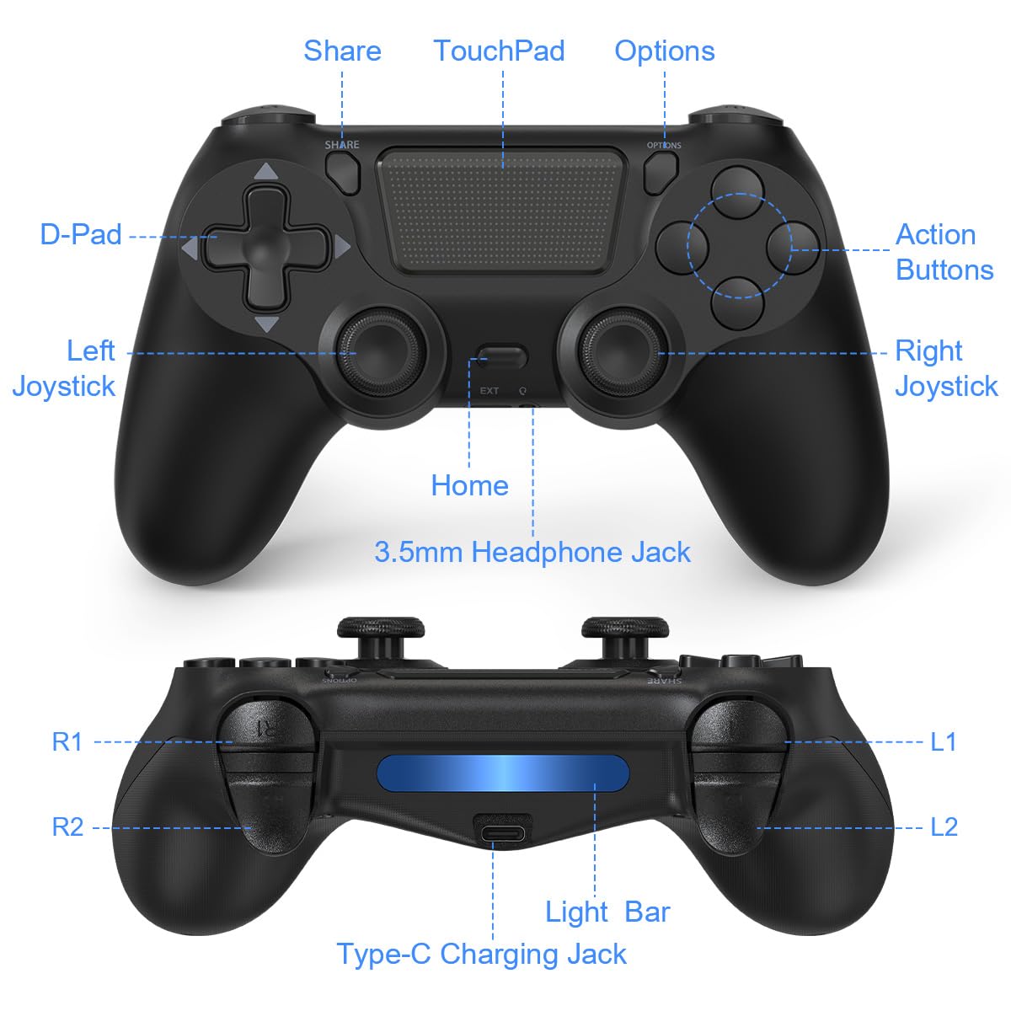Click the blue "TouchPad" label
(499, 51)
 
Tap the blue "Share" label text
(342, 51)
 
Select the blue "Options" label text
(664, 52)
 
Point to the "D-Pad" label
(81, 234)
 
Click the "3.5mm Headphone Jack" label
(532, 553)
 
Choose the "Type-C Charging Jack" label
(482, 954)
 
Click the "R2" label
(67, 827)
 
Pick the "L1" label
(944, 742)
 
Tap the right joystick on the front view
(623, 353)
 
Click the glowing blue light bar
(503, 773)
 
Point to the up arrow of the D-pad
(266, 172)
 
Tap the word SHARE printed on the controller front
(341, 145)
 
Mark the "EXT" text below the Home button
(489, 391)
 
